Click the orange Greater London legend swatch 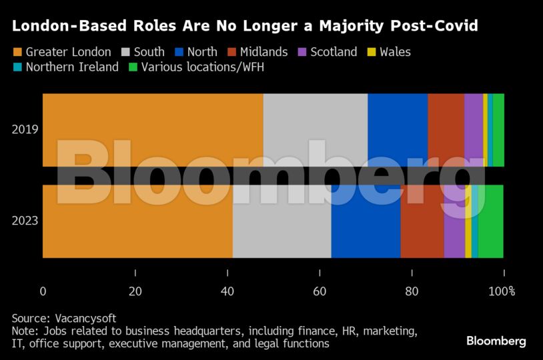coord(17,52)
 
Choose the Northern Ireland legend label coord(72,67)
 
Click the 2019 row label coord(25,129)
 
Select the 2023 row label coord(25,221)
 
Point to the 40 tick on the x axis coord(227,291)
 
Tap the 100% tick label coord(502,291)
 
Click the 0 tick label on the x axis coord(43,291)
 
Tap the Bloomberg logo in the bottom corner coord(496,341)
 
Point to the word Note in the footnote coord(24,331)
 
